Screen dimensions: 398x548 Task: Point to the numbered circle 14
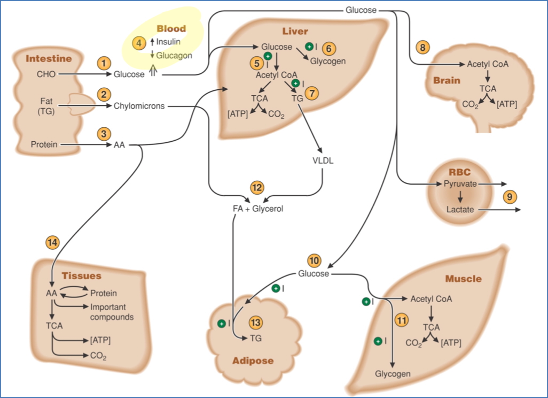tap(52, 242)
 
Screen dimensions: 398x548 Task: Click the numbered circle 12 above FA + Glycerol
tap(257, 187)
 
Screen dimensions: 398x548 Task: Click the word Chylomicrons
tap(139, 106)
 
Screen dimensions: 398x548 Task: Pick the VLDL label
tap(323, 160)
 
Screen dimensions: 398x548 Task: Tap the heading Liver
tap(295, 32)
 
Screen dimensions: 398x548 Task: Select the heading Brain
tap(447, 80)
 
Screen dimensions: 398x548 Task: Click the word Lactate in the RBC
tap(460, 210)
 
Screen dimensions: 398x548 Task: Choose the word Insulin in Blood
tap(168, 42)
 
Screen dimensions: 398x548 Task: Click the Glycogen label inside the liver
tap(328, 61)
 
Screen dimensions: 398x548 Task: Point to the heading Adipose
tap(253, 361)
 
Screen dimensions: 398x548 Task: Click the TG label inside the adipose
tap(255, 338)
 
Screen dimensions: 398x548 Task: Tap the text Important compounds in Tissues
tap(112, 312)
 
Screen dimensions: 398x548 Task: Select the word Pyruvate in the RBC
tap(460, 183)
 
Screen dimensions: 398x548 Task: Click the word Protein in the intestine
tap(44, 144)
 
